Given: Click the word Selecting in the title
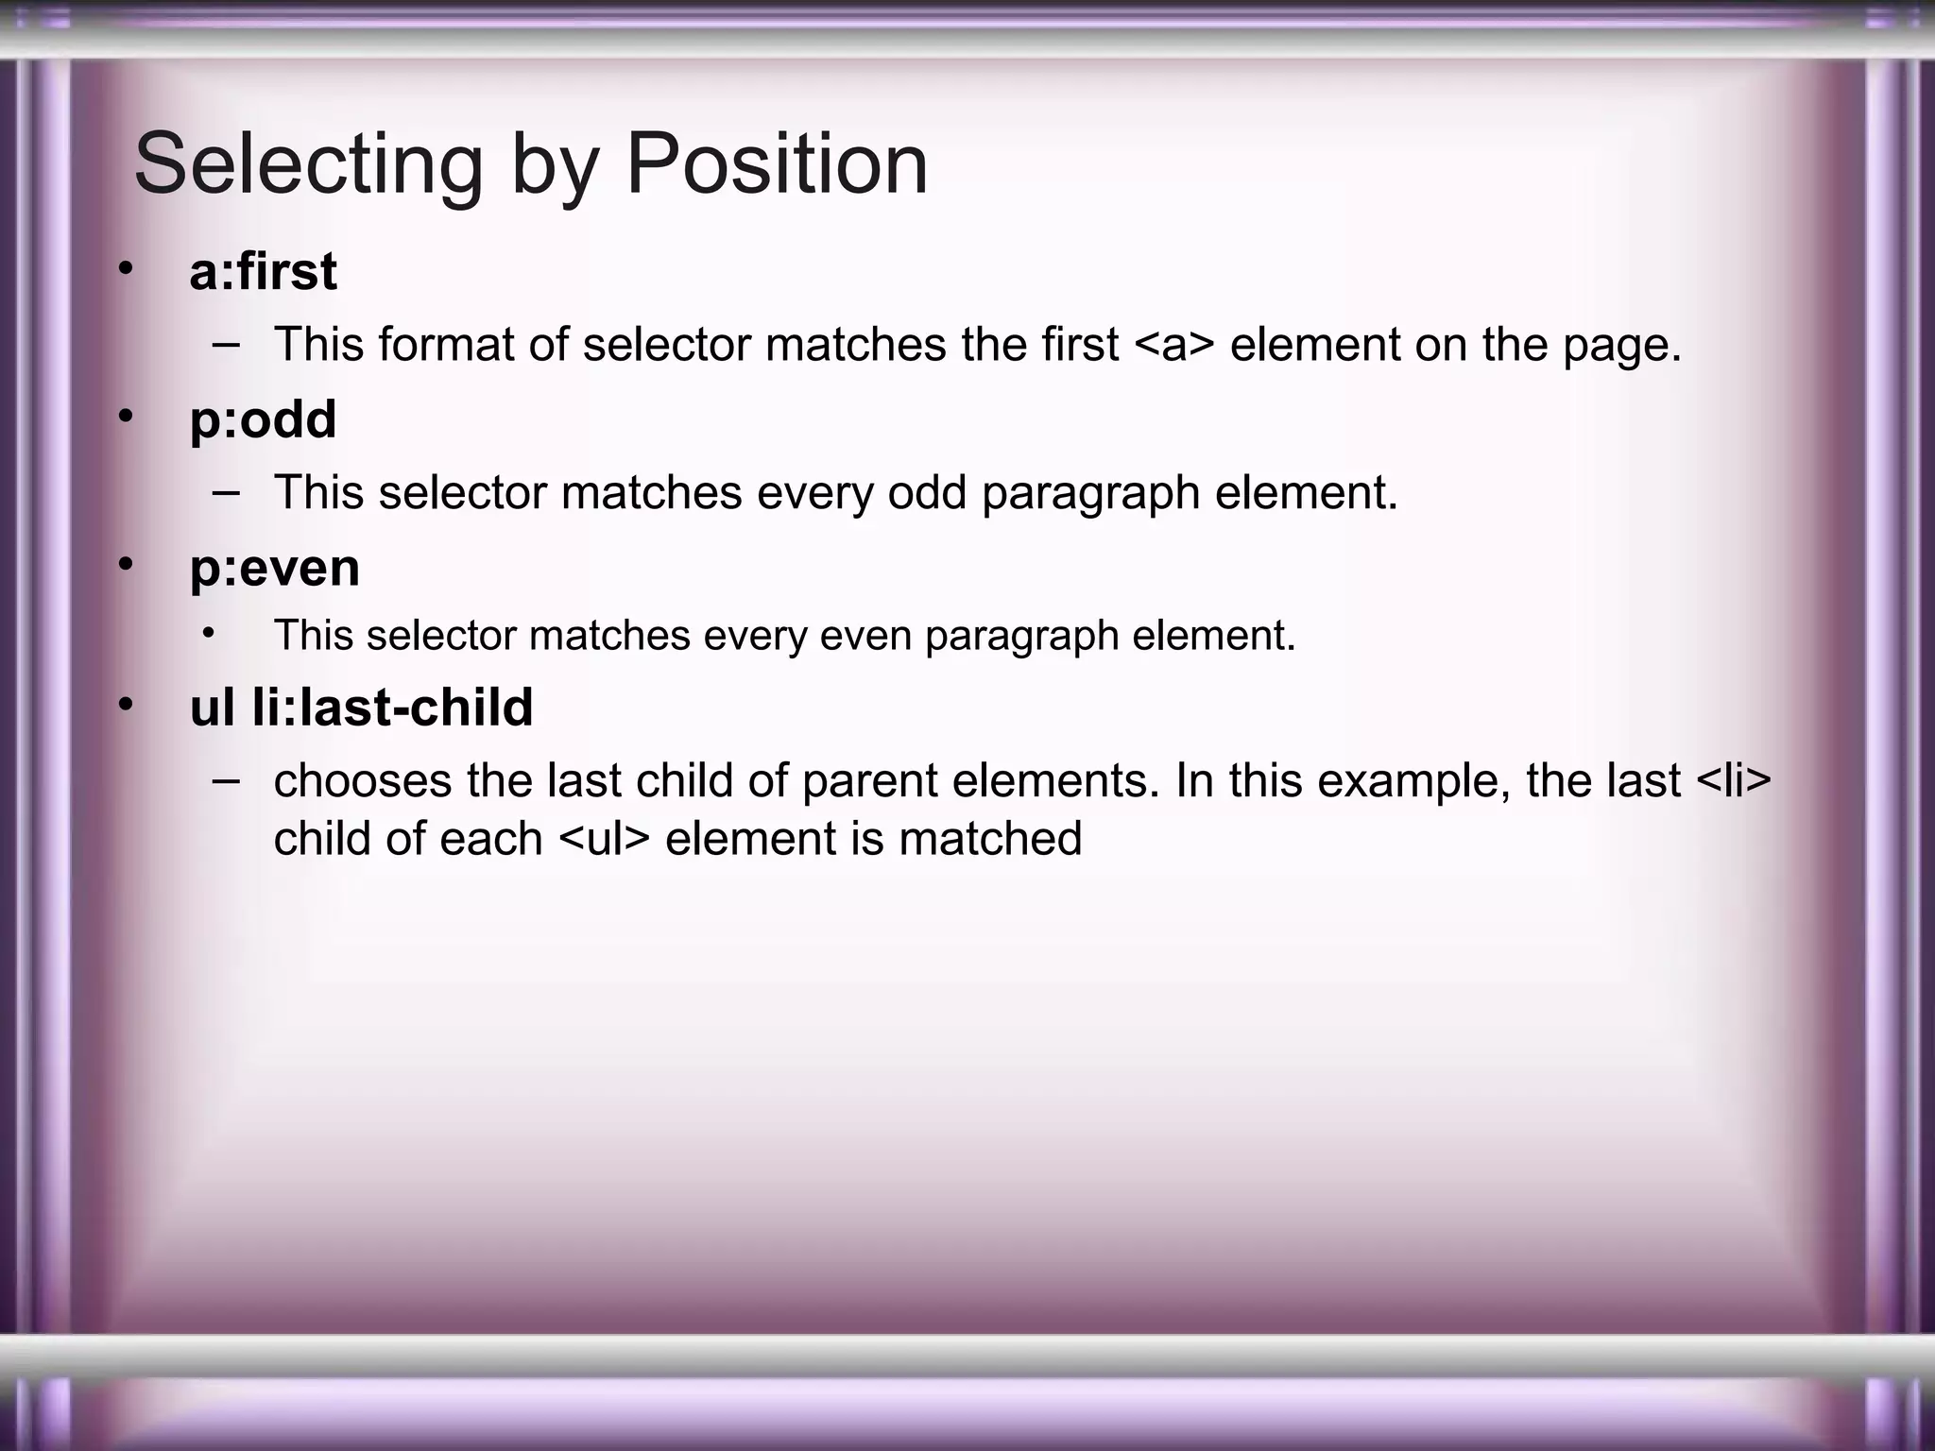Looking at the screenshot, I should coord(308,165).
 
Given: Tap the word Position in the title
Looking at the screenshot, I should coord(777,165).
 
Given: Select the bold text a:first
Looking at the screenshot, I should coord(263,272).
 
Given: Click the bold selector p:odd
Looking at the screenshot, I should coord(263,420).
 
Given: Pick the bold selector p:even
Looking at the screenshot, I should coord(274,569).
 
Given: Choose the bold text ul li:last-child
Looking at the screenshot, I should coord(361,708).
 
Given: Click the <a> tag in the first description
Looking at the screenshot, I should coord(1173,345).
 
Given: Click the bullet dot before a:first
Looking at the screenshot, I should coord(126,269).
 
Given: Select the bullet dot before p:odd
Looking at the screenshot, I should coord(126,417).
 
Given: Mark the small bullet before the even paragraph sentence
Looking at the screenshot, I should coord(208,633).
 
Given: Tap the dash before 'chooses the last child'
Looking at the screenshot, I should coord(226,780).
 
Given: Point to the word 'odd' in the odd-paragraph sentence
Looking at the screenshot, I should coord(927,493).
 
